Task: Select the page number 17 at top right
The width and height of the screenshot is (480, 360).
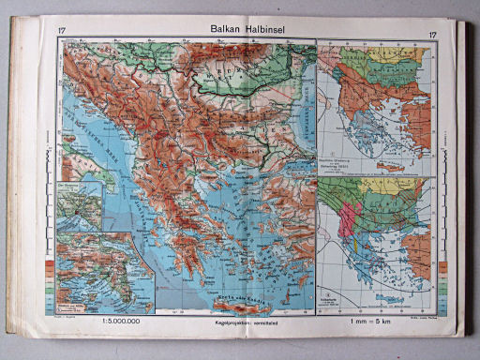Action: [432, 36]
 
